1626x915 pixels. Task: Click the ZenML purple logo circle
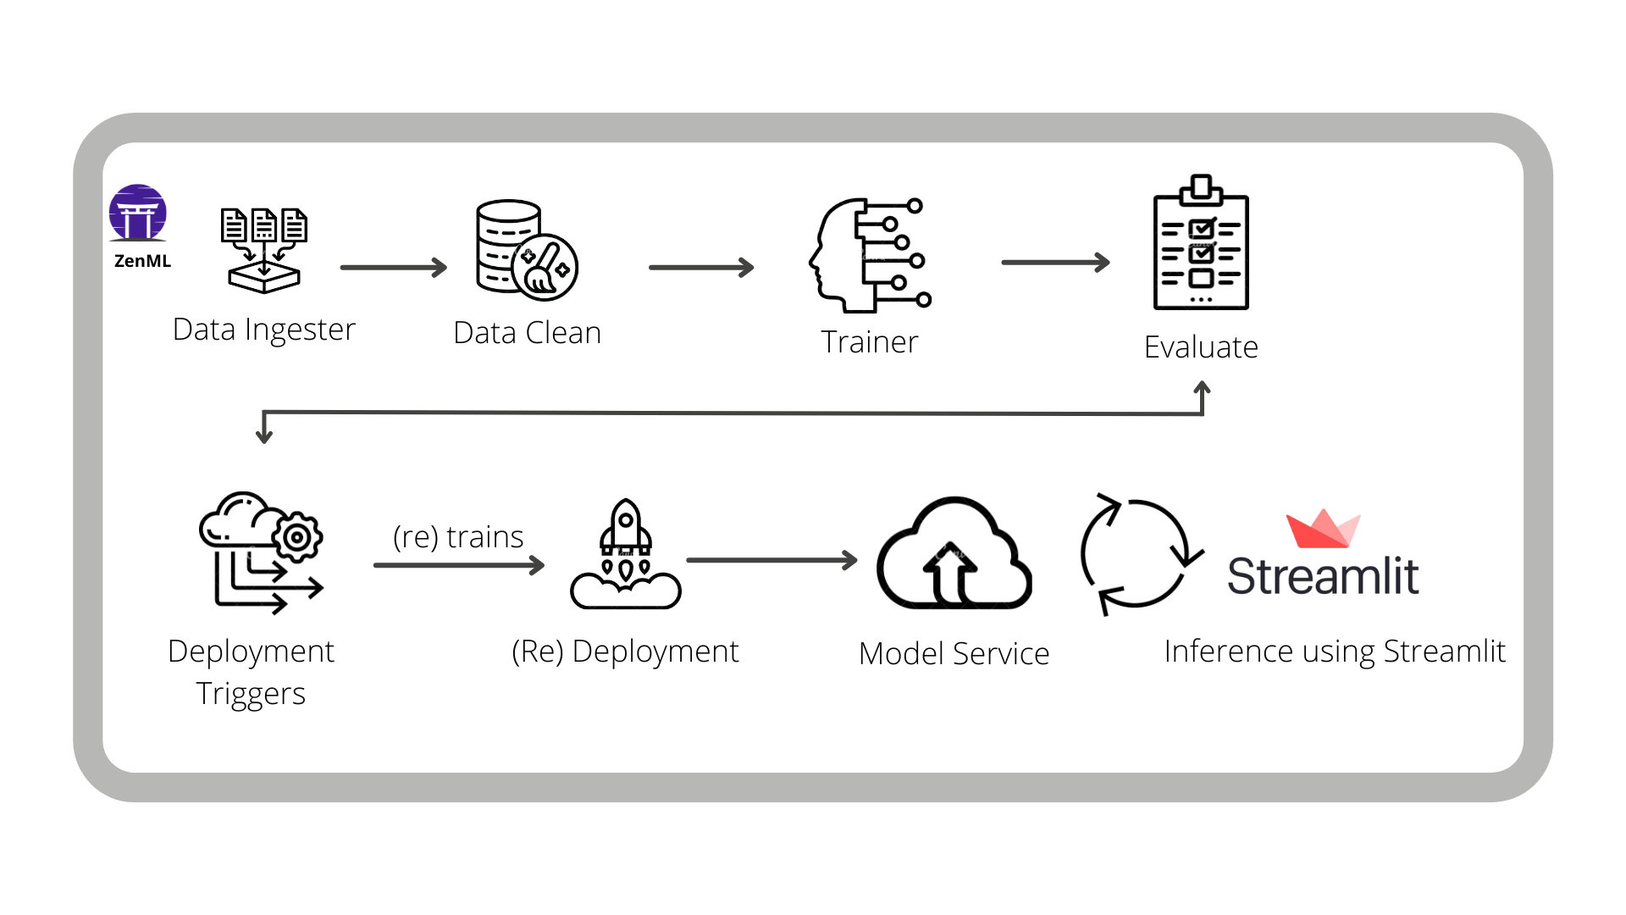point(138,213)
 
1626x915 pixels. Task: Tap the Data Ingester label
point(263,330)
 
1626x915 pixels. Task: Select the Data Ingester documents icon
point(263,250)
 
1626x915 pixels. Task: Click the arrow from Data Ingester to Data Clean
point(393,268)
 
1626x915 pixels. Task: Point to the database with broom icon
point(526,251)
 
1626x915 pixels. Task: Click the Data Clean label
point(527,333)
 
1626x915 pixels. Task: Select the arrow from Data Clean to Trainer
point(700,268)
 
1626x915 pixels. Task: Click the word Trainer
point(869,342)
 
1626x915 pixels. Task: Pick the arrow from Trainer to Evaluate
point(1054,263)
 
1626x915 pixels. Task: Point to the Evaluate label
point(1200,347)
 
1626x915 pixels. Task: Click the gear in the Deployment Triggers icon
point(297,537)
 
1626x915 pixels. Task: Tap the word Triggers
point(251,694)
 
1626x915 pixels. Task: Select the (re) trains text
point(458,537)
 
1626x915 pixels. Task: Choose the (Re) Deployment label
point(625,652)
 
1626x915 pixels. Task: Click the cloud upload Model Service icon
point(954,554)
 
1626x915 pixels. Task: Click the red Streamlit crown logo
point(1322,530)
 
